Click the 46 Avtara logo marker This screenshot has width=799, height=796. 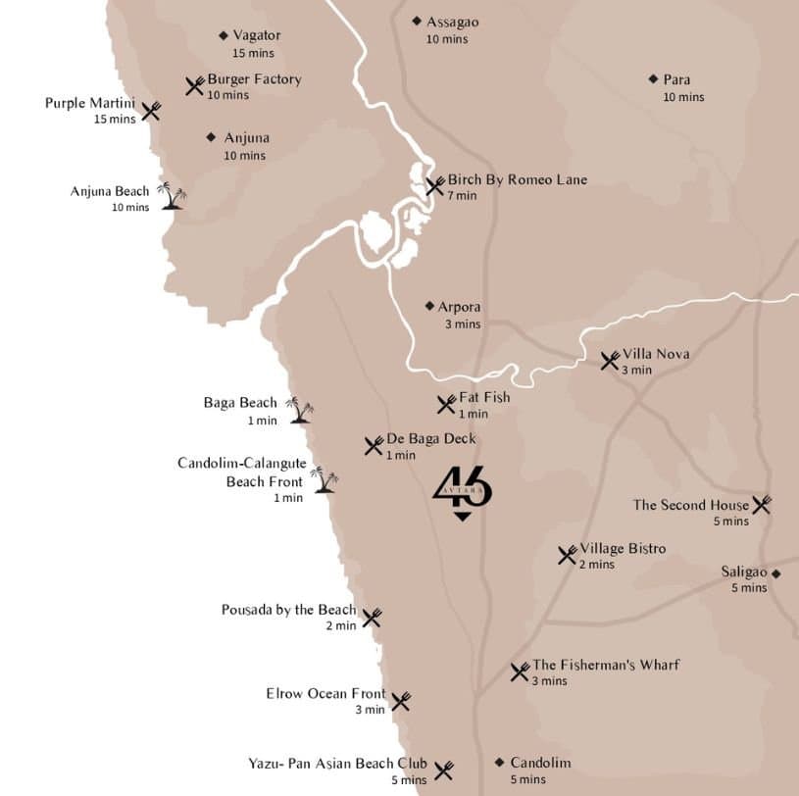[x=462, y=492]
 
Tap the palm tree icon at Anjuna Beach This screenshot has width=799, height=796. [x=173, y=195]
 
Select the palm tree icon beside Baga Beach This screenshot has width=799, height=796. [x=300, y=410]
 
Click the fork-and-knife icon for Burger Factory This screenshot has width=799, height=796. [x=195, y=86]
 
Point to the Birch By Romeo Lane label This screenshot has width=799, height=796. [x=518, y=180]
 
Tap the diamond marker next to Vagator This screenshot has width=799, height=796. [x=224, y=36]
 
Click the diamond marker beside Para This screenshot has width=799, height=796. [x=653, y=79]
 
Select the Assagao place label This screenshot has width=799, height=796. [x=453, y=22]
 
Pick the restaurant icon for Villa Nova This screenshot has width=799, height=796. [x=610, y=360]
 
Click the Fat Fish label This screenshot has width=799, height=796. [x=484, y=398]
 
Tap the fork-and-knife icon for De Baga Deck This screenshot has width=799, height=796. [x=374, y=446]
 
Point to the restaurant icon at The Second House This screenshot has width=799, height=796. [x=762, y=505]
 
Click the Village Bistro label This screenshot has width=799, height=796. [x=623, y=549]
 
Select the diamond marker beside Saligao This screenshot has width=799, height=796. [x=776, y=573]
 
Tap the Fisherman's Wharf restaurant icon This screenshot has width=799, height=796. [x=520, y=672]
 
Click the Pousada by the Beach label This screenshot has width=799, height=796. [x=288, y=610]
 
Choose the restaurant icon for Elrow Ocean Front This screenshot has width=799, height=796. [x=400, y=701]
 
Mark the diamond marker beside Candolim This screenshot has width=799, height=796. [x=499, y=763]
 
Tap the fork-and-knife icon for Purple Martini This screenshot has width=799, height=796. [x=151, y=111]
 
